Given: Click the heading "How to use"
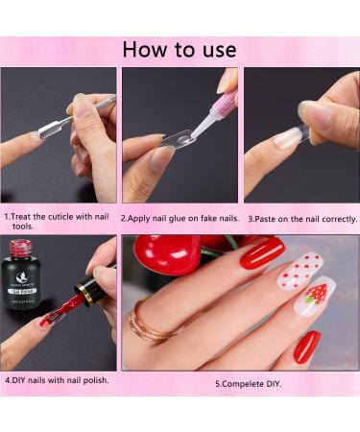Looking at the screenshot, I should coord(180,49).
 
